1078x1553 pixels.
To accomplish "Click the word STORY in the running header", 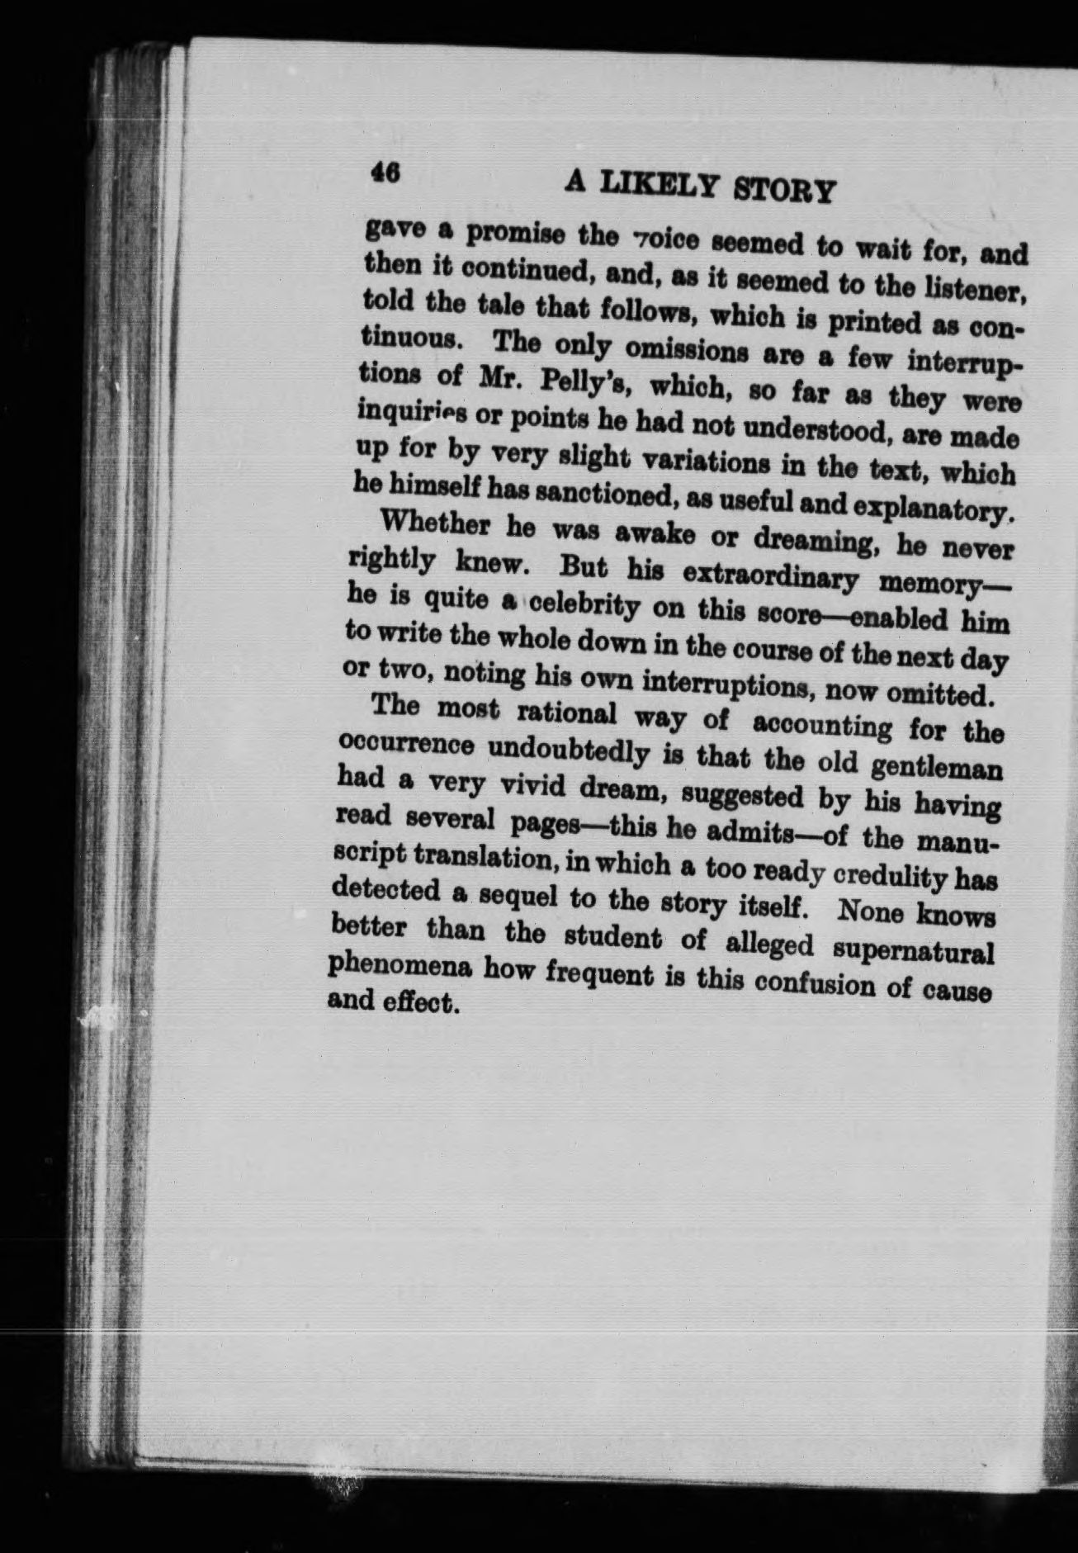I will point(784,191).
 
